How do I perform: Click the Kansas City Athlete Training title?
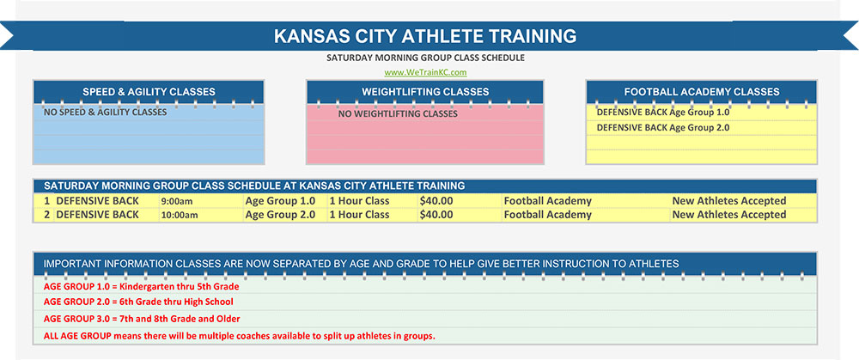(425, 36)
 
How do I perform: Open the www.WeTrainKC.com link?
(425, 72)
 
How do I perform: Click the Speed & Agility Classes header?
(149, 92)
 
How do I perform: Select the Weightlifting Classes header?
(425, 92)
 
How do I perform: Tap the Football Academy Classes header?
(702, 92)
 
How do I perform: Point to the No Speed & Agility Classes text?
(105, 112)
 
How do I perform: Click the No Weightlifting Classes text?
(398, 113)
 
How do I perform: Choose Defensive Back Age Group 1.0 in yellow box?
(662, 112)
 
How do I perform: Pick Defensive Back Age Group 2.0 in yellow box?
(662, 127)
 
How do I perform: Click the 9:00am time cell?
(178, 201)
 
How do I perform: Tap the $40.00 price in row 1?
(436, 201)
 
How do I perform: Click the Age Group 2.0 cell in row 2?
(280, 215)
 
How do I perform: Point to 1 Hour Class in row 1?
(359, 201)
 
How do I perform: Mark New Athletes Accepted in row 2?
(729, 215)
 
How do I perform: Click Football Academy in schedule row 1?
(547, 201)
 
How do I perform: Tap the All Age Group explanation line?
(239, 335)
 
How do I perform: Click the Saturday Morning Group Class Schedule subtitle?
(425, 58)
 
